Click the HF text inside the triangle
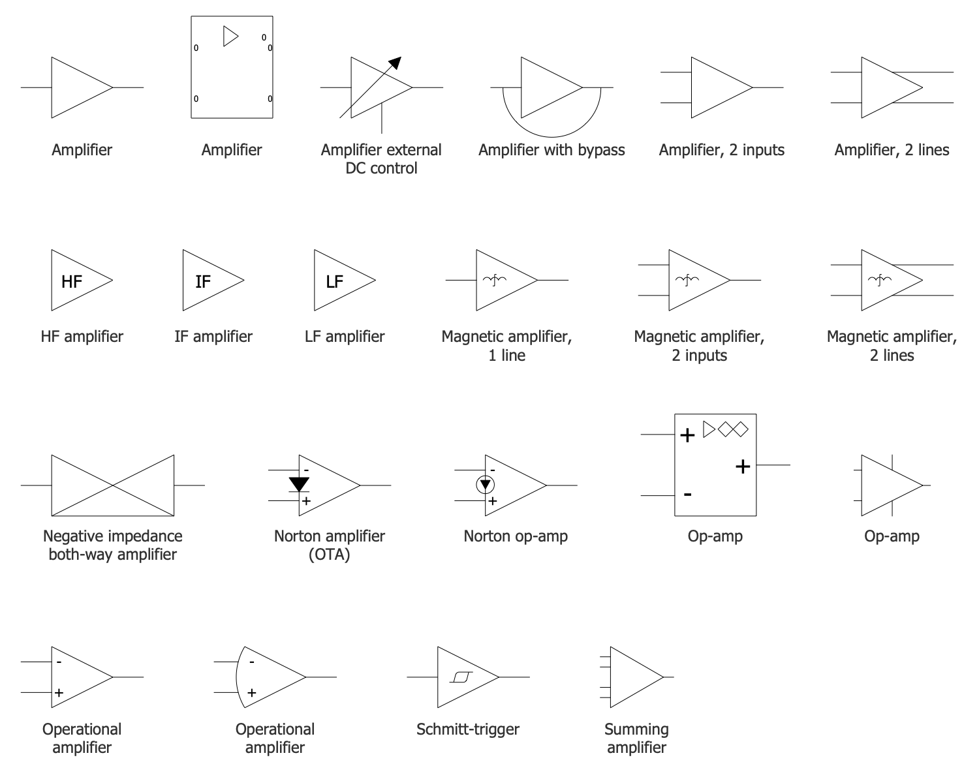point(72,281)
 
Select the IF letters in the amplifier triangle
point(203,281)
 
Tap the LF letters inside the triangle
point(334,281)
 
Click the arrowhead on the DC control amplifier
point(394,63)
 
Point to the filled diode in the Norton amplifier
point(299,483)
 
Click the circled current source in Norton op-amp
point(486,485)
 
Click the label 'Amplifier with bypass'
point(552,150)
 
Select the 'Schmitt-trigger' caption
point(468,729)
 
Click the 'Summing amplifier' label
point(636,738)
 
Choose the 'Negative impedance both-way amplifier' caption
point(113,545)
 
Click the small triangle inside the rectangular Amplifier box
point(230,36)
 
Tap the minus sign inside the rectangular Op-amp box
point(687,495)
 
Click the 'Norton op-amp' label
point(516,536)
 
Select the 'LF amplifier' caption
point(345,336)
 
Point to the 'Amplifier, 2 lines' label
point(892,150)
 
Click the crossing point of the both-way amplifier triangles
point(113,485)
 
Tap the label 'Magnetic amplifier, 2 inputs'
point(699,346)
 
